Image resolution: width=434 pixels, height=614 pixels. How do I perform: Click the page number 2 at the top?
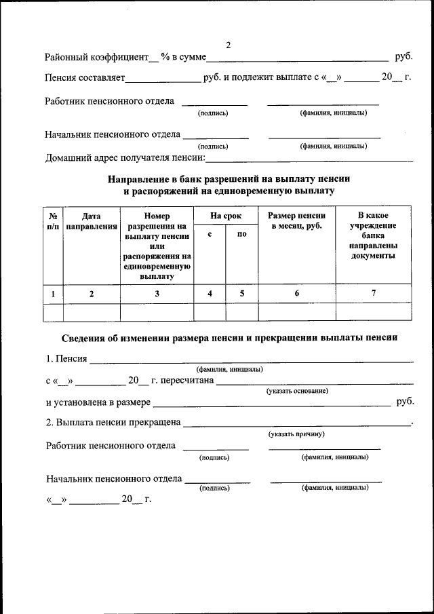click(x=228, y=45)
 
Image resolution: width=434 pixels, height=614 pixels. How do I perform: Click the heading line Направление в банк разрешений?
click(x=229, y=180)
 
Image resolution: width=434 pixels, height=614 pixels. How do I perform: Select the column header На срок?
click(x=226, y=216)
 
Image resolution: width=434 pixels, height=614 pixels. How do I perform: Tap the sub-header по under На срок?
click(x=242, y=234)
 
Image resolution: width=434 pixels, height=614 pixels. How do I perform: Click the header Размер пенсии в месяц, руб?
click(x=297, y=220)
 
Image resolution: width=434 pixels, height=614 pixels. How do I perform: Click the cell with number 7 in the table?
click(x=373, y=293)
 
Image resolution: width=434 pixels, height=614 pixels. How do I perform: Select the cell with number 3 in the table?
click(x=157, y=293)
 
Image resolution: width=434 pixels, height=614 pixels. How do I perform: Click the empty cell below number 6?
click(x=297, y=311)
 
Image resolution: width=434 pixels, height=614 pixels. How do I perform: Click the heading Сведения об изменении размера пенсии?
click(x=229, y=337)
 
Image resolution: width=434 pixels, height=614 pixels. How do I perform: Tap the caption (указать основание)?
click(x=297, y=391)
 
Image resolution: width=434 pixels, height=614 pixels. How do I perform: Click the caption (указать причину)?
click(x=296, y=434)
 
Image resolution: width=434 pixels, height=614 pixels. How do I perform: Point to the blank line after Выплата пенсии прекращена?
click(x=296, y=423)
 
